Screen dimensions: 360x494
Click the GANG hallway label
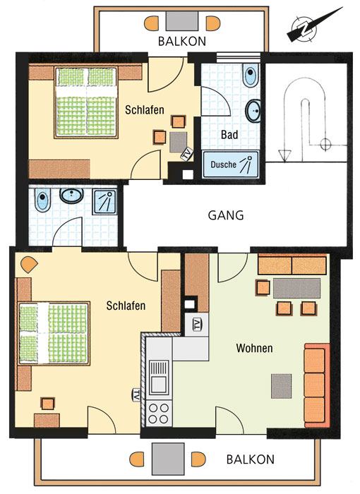pyautogui.click(x=226, y=215)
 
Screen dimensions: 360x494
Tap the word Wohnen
pyautogui.click(x=254, y=348)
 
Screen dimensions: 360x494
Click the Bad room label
pyautogui.click(x=229, y=135)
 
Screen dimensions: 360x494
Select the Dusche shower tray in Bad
pyautogui.click(x=230, y=164)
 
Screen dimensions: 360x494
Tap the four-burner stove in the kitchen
pyautogui.click(x=159, y=414)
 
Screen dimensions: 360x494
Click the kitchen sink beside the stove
pyautogui.click(x=159, y=378)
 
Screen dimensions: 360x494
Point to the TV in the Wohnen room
pyautogui.click(x=198, y=324)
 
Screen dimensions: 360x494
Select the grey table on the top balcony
pyautogui.click(x=182, y=20)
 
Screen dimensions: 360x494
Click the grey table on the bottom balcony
pyautogui.click(x=168, y=459)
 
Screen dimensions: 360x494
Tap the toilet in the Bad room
pyautogui.click(x=251, y=75)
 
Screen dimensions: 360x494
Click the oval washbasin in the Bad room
pyautogui.click(x=253, y=111)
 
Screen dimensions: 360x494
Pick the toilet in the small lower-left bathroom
pyautogui.click(x=42, y=200)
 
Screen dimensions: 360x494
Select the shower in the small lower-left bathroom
pyautogui.click(x=104, y=202)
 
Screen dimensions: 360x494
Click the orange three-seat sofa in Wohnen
pyautogui.click(x=317, y=385)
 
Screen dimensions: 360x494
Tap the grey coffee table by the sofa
pyautogui.click(x=281, y=386)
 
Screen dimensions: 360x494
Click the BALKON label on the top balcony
pyautogui.click(x=182, y=41)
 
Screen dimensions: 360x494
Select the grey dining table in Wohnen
pyautogui.click(x=296, y=288)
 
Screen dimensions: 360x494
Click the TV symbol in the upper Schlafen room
pyautogui.click(x=187, y=154)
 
